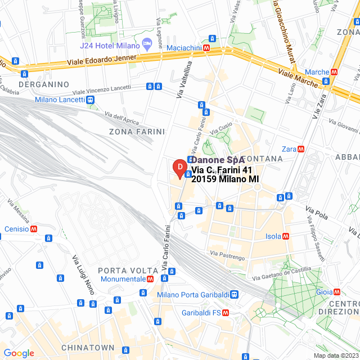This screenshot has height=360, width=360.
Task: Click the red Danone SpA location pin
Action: tap(179, 168)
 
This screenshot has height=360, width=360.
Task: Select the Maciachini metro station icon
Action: tap(207, 49)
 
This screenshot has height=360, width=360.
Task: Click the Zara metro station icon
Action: tap(301, 149)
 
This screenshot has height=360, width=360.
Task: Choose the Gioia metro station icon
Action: tap(336, 291)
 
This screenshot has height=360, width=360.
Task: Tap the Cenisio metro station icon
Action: tap(34, 229)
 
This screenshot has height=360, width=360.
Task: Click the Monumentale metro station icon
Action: tap(150, 279)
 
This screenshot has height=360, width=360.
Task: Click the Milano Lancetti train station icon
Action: tap(90, 100)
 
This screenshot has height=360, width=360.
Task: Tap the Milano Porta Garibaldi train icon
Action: tap(234, 294)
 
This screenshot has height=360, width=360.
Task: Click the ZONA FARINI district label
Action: tap(137, 132)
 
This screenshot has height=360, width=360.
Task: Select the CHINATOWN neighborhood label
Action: tap(88, 348)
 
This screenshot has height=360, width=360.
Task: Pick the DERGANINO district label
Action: tap(44, 84)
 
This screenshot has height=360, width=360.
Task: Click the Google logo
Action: tap(19, 353)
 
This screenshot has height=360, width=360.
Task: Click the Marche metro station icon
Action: tap(334, 72)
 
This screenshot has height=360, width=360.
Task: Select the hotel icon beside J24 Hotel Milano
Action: tap(147, 43)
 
